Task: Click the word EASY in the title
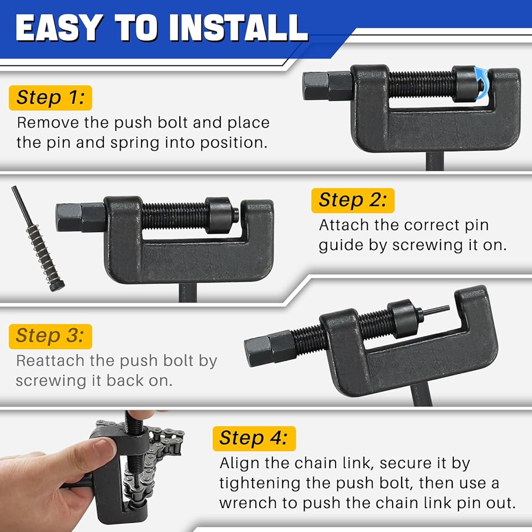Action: click(59, 28)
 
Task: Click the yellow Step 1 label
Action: click(51, 98)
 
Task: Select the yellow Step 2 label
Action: click(353, 200)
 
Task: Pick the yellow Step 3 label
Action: click(51, 336)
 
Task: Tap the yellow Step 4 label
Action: click(254, 438)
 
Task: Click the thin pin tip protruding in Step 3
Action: click(437, 311)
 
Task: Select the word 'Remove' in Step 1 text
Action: click(48, 123)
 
